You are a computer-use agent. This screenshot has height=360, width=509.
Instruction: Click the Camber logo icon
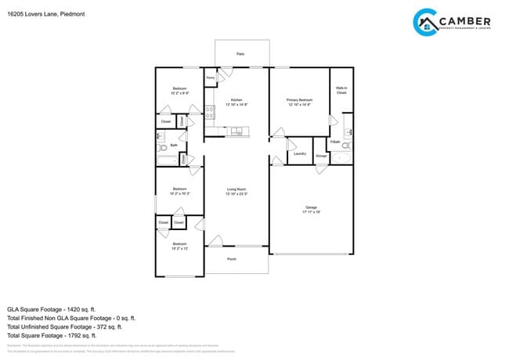pyautogui.click(x=424, y=22)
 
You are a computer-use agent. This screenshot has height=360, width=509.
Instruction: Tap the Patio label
pyautogui.click(x=240, y=54)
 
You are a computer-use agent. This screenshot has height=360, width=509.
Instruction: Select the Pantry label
pyautogui.click(x=210, y=78)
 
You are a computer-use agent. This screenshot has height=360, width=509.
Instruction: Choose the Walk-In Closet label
pyautogui.click(x=341, y=91)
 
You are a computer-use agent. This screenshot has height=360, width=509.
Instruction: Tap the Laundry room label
pyautogui.click(x=299, y=153)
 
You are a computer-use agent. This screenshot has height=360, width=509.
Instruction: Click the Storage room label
pyautogui.click(x=321, y=156)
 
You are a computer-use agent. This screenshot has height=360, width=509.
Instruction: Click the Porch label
pyautogui.click(x=232, y=259)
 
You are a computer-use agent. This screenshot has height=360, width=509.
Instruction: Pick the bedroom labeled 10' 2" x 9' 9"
pyautogui.click(x=179, y=91)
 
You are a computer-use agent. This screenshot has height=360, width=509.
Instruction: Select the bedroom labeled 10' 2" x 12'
pyautogui.click(x=179, y=247)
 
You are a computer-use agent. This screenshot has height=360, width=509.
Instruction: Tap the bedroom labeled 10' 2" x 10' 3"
pyautogui.click(x=179, y=190)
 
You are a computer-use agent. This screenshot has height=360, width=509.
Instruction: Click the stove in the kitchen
pyautogui.click(x=209, y=113)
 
